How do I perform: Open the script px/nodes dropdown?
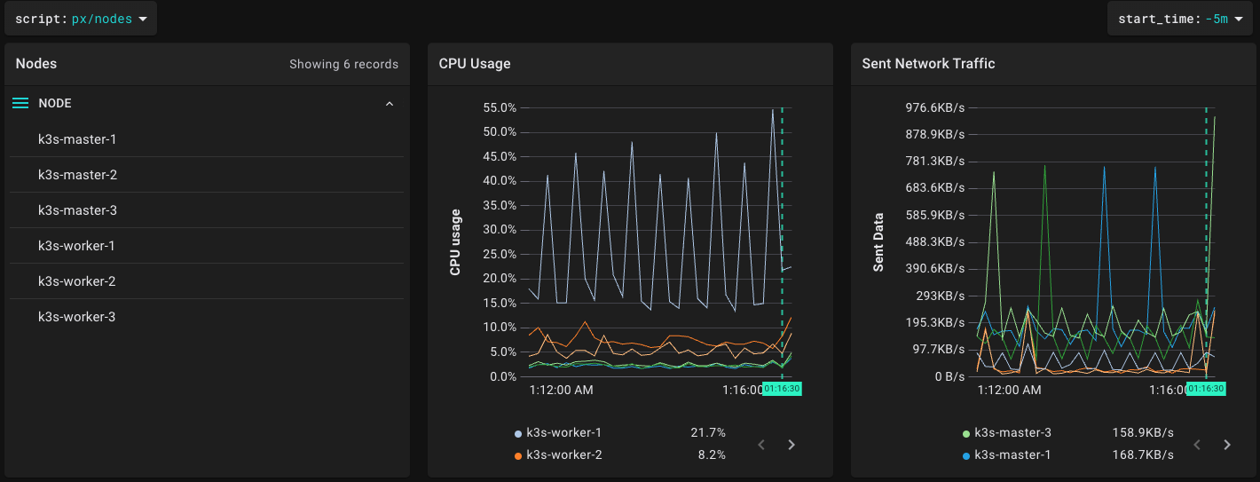(81, 19)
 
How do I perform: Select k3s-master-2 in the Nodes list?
(77, 175)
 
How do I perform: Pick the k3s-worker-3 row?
(76, 317)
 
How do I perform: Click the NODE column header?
(55, 104)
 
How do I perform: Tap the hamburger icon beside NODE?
(20, 104)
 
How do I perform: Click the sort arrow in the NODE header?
(389, 104)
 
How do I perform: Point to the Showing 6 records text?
(343, 64)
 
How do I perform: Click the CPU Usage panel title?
(475, 64)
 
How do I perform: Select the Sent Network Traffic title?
(928, 64)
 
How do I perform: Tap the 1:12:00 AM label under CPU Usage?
(561, 390)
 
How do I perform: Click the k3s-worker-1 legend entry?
(563, 433)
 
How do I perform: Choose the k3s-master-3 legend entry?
(1012, 433)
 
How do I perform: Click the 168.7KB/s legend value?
(1143, 455)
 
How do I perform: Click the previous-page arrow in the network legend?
(1197, 445)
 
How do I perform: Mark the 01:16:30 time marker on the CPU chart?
(782, 389)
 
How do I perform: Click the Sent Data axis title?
(878, 241)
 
